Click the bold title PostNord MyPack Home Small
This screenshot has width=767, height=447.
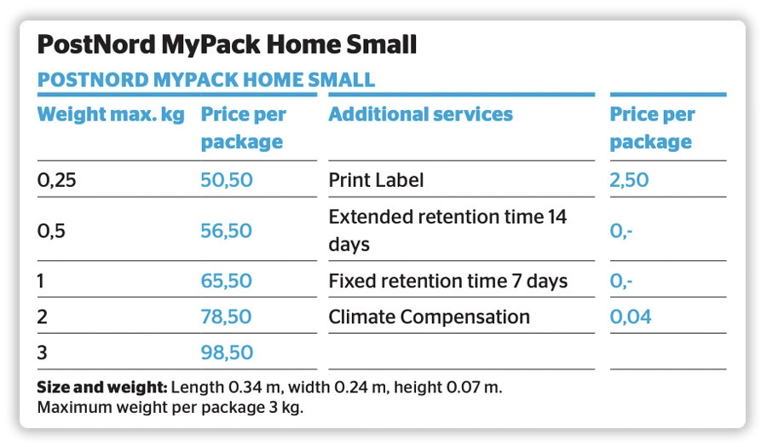tap(227, 44)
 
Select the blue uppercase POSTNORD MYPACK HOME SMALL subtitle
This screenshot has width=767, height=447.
tap(205, 80)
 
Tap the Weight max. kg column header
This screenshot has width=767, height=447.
tap(111, 114)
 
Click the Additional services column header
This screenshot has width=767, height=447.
tap(420, 114)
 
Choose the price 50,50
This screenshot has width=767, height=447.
tap(227, 180)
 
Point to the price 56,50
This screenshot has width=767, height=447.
tap(227, 230)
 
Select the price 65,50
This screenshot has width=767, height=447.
tap(227, 281)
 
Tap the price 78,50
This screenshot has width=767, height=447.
tap(227, 317)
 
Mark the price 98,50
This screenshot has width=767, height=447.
tap(227, 352)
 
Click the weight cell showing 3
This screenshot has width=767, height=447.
tap(42, 352)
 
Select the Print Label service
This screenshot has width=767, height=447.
tap(376, 180)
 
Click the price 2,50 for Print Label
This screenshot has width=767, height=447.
tap(629, 180)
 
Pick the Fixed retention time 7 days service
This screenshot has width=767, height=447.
tap(447, 281)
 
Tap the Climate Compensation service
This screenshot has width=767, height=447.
tap(429, 317)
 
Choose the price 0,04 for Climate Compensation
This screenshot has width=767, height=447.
tap(631, 317)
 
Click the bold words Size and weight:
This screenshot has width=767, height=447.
tap(101, 387)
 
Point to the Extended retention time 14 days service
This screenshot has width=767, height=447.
tap(447, 230)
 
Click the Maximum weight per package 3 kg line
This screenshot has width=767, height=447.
tap(170, 407)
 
